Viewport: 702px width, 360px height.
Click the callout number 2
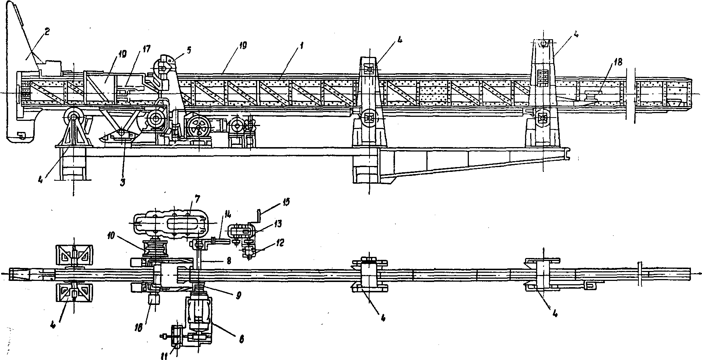coord(47,33)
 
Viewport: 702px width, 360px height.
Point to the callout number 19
coord(243,45)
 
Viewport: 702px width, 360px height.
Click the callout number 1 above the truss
coord(301,46)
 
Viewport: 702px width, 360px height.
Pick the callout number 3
coord(123,182)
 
